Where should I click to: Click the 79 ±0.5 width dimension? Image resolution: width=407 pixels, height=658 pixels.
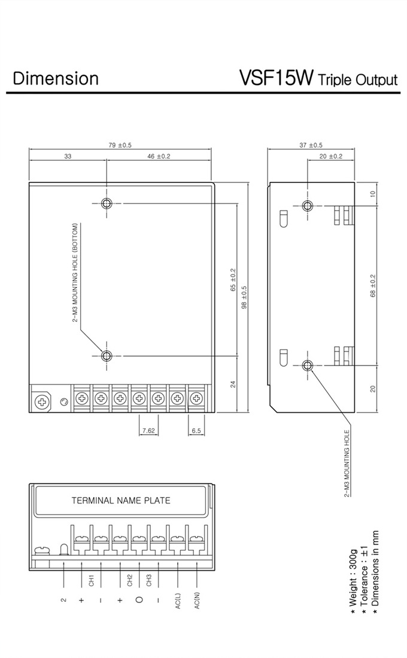120,145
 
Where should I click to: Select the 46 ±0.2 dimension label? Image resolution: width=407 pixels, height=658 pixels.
159,157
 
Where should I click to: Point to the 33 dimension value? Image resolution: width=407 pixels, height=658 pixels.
68,157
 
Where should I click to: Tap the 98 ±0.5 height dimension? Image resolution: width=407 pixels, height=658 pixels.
244,298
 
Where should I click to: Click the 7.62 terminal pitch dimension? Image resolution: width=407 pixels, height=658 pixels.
149,430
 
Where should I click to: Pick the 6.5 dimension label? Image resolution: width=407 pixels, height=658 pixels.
196,430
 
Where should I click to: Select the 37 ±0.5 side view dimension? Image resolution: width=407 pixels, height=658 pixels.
311,145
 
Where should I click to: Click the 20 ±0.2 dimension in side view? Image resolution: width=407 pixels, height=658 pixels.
331,157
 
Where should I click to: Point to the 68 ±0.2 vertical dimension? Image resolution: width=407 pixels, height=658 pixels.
373,286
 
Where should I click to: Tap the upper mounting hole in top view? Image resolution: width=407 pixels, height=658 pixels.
107,203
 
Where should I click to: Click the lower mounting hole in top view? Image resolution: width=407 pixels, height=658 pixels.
107,356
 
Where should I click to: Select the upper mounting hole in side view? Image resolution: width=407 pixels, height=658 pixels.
308,206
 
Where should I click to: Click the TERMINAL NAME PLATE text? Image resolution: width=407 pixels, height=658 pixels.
121,501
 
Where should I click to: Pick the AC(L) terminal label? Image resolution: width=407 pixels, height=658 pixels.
178,601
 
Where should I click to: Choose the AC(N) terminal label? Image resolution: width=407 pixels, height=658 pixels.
197,601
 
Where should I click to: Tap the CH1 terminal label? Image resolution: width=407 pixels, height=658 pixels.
91,581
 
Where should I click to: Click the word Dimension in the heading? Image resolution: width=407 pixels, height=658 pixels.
56,78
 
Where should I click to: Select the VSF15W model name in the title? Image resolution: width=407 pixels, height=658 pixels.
276,78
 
